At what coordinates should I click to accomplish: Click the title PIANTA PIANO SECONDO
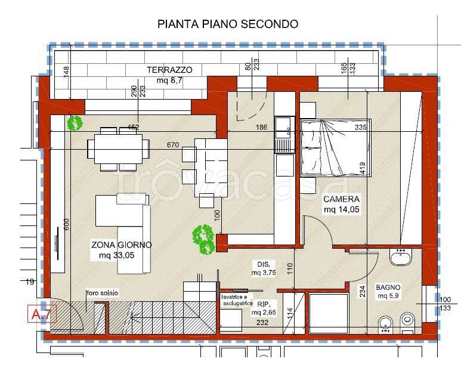point(227,24)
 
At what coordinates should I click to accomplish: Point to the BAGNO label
point(388,287)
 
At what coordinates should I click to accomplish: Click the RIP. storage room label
point(262,304)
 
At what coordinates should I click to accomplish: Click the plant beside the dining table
point(75,123)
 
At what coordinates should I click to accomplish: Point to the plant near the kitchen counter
point(203,237)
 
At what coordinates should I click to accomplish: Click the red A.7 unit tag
point(42,314)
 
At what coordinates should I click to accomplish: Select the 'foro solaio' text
point(102,293)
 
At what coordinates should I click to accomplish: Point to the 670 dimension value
point(173,145)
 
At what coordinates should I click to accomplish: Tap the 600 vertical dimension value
point(67,224)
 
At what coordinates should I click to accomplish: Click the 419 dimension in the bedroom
point(362,169)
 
